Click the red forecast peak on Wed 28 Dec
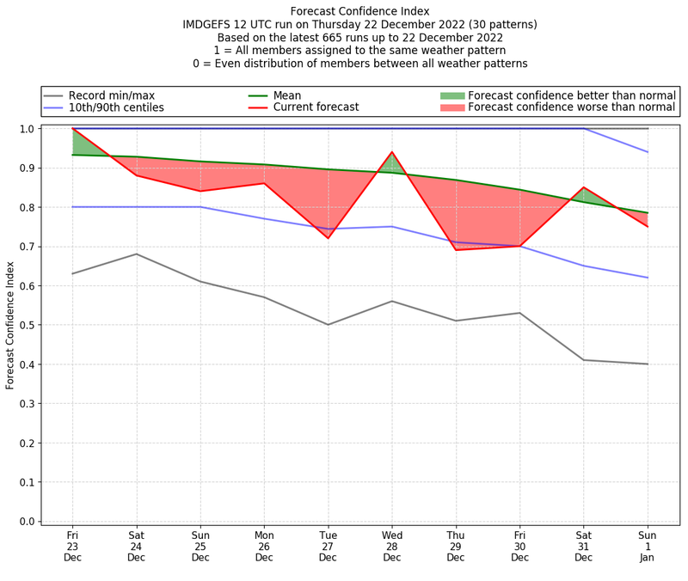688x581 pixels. coord(392,152)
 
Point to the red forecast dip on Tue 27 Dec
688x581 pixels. coord(328,238)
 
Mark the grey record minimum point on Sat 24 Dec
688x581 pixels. coord(136,254)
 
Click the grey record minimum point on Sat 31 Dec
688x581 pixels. coord(584,360)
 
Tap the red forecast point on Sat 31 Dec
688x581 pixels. coord(584,187)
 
